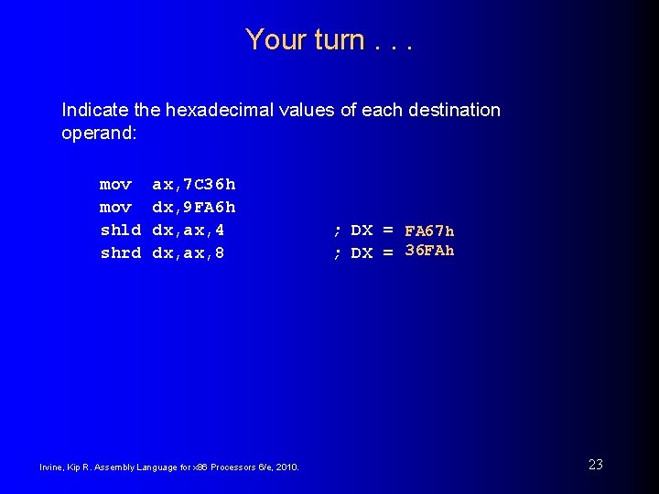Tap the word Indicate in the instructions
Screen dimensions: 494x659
click(x=95, y=111)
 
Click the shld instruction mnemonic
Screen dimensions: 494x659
click(x=120, y=231)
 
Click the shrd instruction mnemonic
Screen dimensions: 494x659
click(x=120, y=253)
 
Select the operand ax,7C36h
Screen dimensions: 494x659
click(x=193, y=185)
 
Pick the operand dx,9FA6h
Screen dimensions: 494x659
click(x=193, y=208)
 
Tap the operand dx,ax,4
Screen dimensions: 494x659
click(x=188, y=231)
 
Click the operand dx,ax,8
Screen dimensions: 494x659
click(x=188, y=253)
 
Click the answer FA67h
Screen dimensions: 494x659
click(x=429, y=231)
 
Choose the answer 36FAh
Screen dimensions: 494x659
click(x=429, y=252)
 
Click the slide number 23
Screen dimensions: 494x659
click(x=595, y=465)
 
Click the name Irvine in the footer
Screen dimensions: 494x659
click(x=50, y=467)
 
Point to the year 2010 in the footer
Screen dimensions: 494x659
click(x=286, y=467)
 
